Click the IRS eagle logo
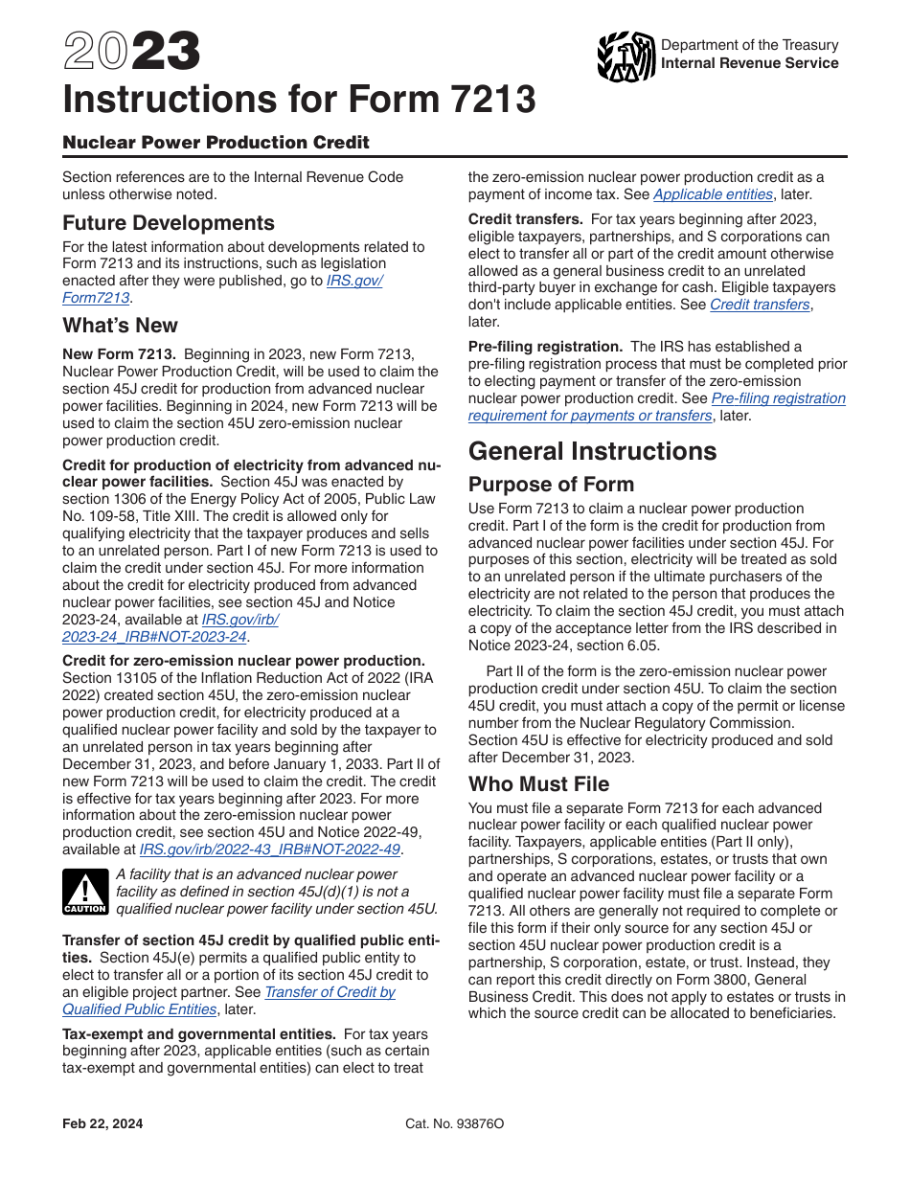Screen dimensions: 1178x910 coord(626,57)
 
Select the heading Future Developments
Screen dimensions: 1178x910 coord(169,223)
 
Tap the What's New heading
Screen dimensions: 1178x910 coord(120,326)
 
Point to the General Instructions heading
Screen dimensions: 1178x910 coord(592,452)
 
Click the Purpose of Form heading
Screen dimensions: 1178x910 coord(551,485)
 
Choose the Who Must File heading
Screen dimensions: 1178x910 coord(538,784)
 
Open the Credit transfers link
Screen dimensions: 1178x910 coord(760,305)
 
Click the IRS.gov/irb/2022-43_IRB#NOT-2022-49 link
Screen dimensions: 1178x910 coord(269,849)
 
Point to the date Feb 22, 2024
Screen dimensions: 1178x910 coord(102,1123)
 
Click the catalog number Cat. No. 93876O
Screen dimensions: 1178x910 coord(454,1123)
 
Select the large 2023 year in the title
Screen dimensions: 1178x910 coord(132,53)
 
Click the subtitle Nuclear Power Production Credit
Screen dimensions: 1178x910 coord(216,143)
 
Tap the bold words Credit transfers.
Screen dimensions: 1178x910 coord(525,219)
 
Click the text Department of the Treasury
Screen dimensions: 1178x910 coord(749,45)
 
